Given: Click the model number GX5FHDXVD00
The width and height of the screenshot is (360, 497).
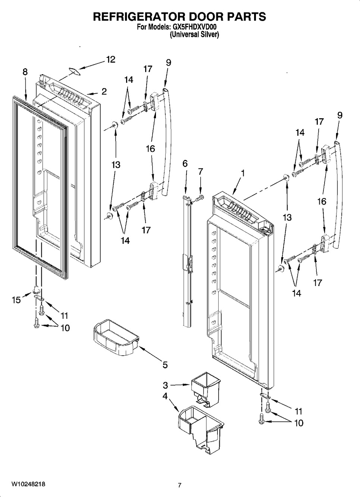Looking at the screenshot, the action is [x=194, y=27].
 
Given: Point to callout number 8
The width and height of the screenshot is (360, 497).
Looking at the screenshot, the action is [x=25, y=72].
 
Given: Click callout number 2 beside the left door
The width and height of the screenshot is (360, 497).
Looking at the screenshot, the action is [x=104, y=91].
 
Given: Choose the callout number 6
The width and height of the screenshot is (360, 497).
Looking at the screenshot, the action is [x=185, y=164].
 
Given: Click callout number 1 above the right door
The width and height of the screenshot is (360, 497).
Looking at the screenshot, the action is [x=243, y=173].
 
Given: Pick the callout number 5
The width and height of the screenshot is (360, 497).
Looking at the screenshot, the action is [x=165, y=365].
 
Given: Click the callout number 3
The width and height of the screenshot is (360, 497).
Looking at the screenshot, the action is [x=165, y=386].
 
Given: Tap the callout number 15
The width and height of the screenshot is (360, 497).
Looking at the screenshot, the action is [x=16, y=300].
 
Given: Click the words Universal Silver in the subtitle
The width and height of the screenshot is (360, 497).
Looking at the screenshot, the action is [x=194, y=35].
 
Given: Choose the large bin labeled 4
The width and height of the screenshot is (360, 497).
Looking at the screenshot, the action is [x=201, y=430].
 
